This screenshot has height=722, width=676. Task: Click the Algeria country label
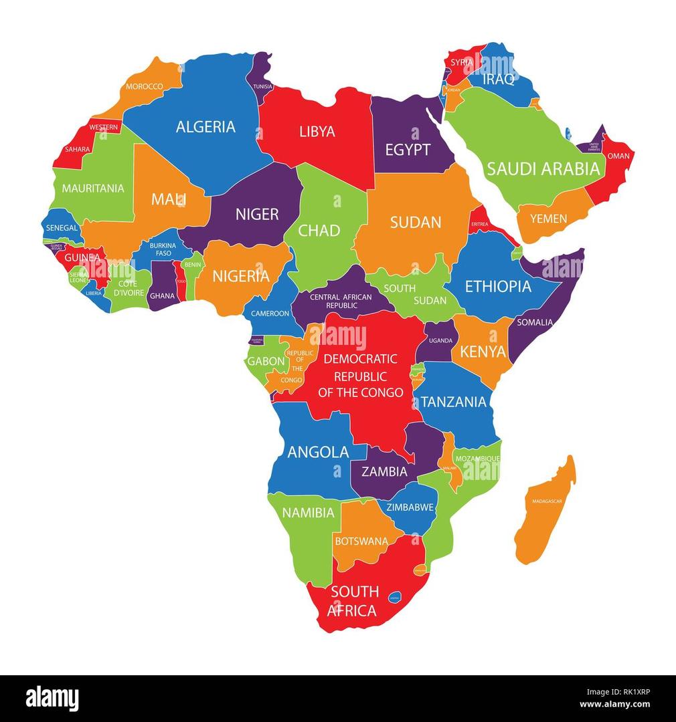point(205,126)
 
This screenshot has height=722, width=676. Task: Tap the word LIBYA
point(317,132)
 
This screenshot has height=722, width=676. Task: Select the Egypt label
point(408,150)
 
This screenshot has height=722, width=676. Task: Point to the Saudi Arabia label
point(543,168)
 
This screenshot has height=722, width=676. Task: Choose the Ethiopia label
point(498,287)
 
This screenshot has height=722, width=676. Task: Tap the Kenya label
point(483,352)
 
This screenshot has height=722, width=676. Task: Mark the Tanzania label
point(453,402)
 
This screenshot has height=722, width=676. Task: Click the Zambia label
point(384,471)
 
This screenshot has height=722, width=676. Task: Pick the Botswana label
point(361,541)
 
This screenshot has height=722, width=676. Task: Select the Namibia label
point(308,513)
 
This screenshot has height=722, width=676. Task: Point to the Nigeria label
point(241,276)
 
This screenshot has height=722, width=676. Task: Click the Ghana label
point(162,295)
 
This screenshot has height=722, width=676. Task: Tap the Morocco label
point(145,87)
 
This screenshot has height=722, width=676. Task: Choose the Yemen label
point(548,219)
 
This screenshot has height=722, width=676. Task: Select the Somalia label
point(534,322)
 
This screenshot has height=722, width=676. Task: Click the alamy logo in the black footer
point(52,698)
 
